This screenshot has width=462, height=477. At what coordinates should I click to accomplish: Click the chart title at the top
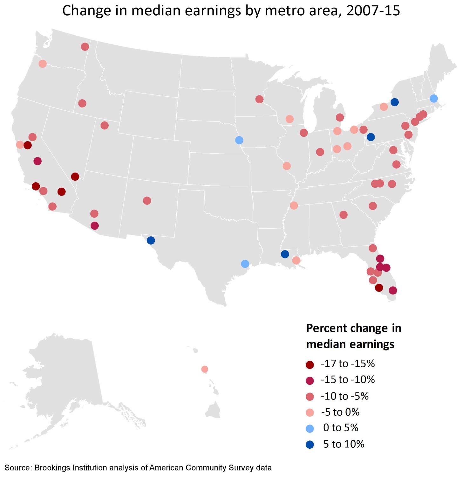click(231, 10)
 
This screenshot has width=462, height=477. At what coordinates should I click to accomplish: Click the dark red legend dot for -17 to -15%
click(310, 365)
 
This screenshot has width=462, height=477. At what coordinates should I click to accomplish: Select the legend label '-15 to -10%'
click(348, 380)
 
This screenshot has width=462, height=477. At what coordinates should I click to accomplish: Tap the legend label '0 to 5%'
click(341, 428)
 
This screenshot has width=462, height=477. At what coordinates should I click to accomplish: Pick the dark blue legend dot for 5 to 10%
click(310, 445)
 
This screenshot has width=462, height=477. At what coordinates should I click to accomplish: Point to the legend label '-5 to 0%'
click(340, 412)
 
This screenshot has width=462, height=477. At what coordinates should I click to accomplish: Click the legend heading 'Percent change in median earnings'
click(353, 336)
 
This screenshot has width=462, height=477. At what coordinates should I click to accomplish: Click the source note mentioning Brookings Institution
click(138, 468)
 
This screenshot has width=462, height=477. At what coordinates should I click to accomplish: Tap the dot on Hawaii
click(205, 369)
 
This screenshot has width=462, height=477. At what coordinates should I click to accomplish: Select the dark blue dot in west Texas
click(151, 240)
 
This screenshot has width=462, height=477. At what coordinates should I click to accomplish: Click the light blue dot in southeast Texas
click(245, 264)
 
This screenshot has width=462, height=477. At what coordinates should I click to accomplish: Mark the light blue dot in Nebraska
click(239, 140)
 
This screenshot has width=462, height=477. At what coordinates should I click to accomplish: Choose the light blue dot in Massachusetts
click(434, 98)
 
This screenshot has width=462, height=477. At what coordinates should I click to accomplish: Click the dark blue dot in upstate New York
click(395, 102)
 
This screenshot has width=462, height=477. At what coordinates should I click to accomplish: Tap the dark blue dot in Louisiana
click(285, 254)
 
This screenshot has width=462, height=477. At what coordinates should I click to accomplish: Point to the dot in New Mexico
click(147, 201)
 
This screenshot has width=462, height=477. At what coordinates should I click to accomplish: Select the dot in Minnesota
click(259, 99)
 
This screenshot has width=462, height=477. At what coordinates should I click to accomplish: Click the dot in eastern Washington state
click(85, 47)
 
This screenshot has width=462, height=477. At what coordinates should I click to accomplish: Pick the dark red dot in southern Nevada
click(75, 176)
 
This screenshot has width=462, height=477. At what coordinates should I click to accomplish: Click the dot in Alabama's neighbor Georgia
click(343, 215)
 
